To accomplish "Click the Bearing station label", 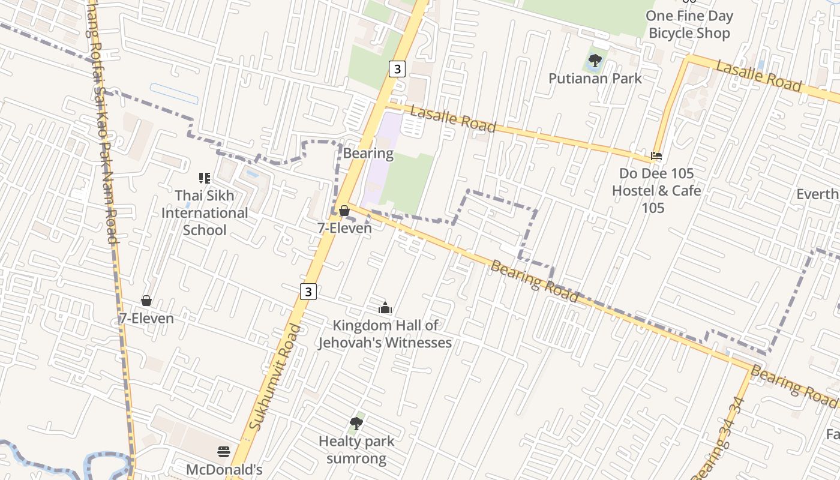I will (x=368, y=153).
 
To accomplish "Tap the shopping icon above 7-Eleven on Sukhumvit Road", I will (x=344, y=211).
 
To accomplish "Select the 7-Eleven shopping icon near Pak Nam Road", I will (x=146, y=301).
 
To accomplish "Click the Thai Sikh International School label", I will (x=205, y=213).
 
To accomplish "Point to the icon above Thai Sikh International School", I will (x=205, y=178).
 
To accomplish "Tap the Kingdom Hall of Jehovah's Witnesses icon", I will (x=385, y=308).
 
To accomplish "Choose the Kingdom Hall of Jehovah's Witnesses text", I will (x=385, y=334).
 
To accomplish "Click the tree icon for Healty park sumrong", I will (x=356, y=424).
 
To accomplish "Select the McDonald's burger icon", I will (x=224, y=451).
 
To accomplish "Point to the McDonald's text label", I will (x=224, y=469).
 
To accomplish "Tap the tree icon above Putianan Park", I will (x=595, y=60).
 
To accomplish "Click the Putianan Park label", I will (x=595, y=79).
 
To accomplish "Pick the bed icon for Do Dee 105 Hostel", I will (x=656, y=156).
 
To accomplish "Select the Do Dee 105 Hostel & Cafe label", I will (x=656, y=190).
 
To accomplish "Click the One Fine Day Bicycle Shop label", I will (x=689, y=25).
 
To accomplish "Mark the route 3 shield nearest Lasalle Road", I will (x=397, y=68).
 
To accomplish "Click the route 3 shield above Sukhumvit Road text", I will (x=308, y=292).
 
